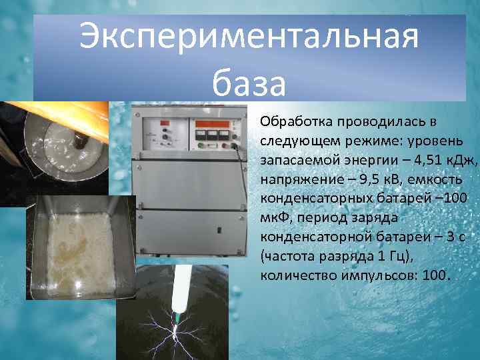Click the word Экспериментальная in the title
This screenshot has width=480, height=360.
[x=249, y=37]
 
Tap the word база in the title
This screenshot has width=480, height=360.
[x=249, y=84]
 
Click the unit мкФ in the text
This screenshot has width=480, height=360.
[x=275, y=218]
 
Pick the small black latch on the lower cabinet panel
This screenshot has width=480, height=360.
[x=219, y=231]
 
